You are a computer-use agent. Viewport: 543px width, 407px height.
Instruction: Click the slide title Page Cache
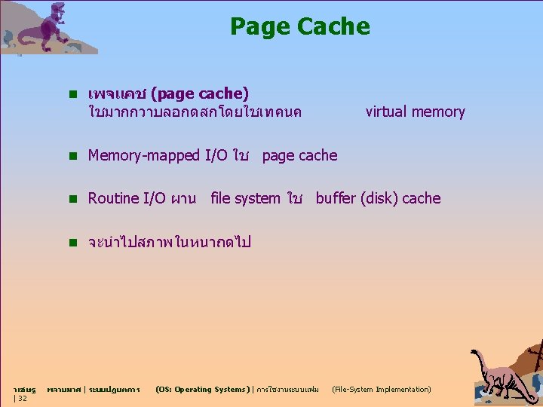coord(299,27)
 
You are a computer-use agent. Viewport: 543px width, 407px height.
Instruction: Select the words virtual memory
coord(415,112)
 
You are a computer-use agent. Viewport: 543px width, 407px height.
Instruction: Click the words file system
coord(245,198)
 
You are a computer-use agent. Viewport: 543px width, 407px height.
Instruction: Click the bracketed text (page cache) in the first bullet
coord(199,93)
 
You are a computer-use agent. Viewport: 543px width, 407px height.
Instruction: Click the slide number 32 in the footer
coord(22,399)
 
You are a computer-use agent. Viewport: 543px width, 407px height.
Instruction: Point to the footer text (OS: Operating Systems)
coord(200,390)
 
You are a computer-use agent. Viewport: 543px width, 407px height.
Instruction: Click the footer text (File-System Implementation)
coord(382,390)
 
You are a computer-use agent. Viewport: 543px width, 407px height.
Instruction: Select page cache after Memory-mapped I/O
coord(299,156)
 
